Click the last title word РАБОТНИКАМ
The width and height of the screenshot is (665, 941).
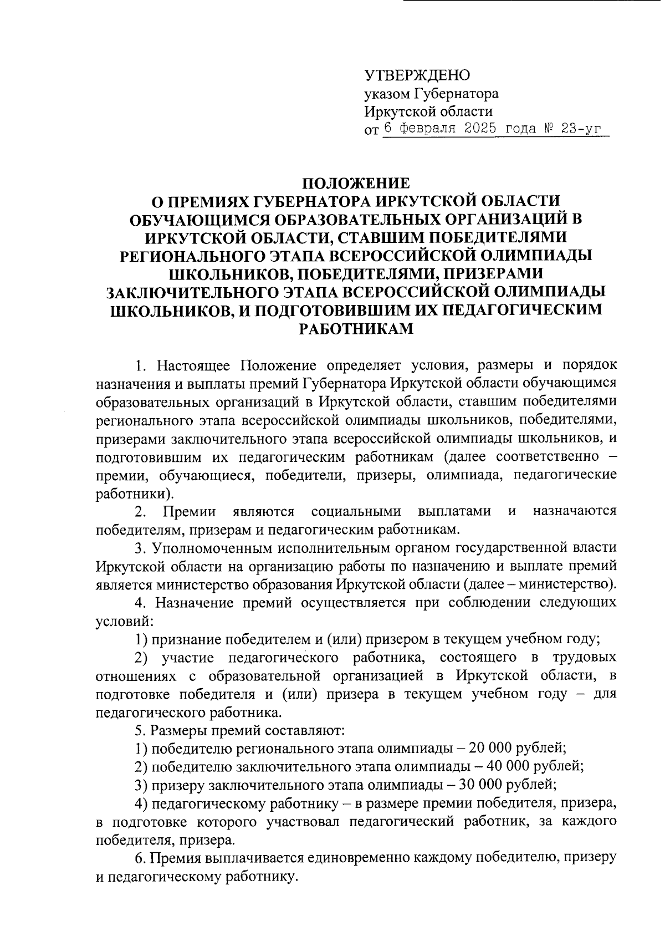click(356, 328)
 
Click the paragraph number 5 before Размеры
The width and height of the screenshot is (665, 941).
click(139, 729)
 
